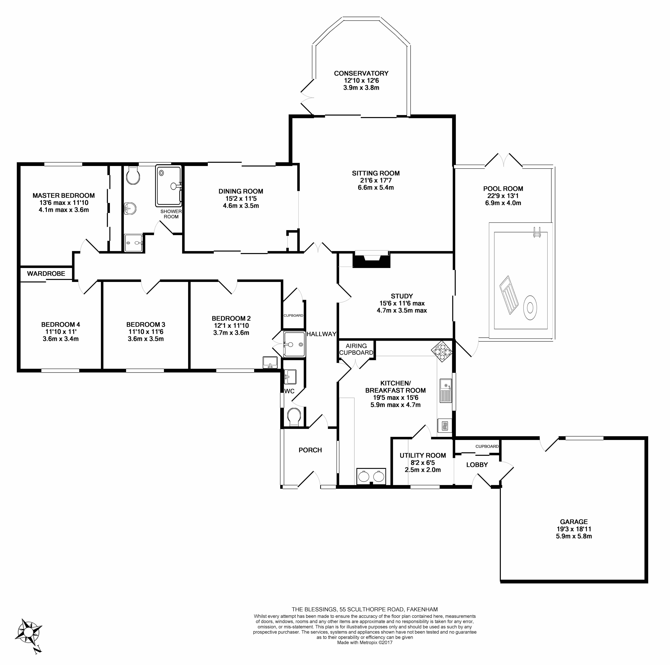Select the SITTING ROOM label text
376,173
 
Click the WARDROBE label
46,274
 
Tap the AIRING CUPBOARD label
356,349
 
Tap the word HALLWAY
321,334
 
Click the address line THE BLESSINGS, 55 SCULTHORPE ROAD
365,609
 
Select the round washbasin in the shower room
130,208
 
